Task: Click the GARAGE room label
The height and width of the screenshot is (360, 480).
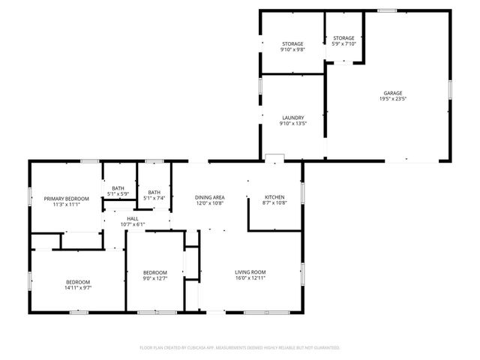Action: point(394,93)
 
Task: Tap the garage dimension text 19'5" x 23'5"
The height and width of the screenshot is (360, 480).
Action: point(394,99)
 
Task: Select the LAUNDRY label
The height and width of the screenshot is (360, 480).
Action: point(292,118)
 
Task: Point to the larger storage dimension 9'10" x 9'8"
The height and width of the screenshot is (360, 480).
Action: point(292,50)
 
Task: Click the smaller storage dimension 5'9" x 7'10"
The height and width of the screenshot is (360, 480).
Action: point(343,43)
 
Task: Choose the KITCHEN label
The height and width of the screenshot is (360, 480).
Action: point(274,197)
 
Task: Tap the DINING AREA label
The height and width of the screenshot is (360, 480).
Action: point(210,197)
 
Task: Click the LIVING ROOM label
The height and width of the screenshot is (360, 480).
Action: point(251,271)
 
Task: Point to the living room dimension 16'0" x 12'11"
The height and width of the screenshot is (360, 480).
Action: point(251,278)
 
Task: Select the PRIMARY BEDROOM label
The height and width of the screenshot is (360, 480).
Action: point(66,198)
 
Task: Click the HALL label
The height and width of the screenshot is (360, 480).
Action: point(132,218)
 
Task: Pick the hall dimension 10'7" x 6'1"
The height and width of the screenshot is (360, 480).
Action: point(132,224)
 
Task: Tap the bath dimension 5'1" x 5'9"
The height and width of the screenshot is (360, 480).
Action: point(118,194)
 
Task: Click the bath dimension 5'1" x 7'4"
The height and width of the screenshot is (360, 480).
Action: point(154,198)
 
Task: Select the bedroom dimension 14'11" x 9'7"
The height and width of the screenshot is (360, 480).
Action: point(77,288)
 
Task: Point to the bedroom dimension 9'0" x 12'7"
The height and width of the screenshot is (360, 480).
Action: point(154,278)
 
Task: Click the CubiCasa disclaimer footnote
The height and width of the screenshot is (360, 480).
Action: point(240,348)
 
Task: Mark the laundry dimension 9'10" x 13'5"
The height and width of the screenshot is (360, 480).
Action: point(292,124)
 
